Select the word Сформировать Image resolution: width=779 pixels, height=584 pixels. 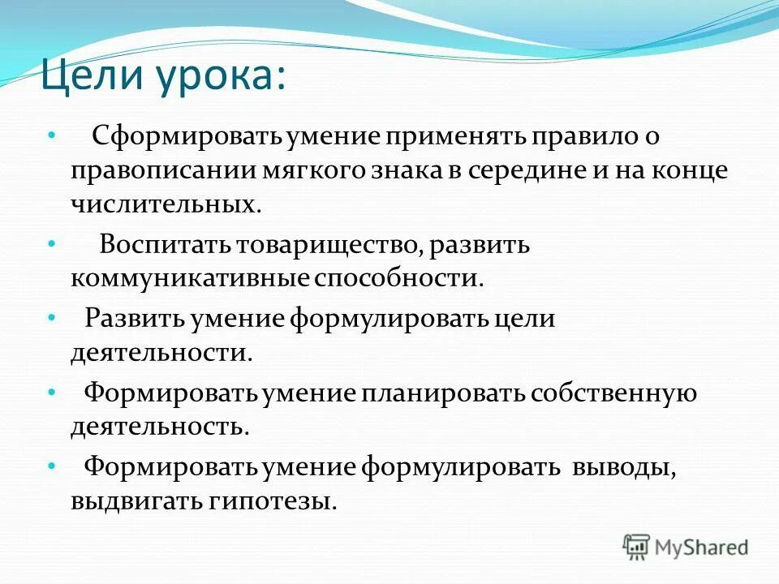point(174,136)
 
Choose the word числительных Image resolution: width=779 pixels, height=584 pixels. point(166,204)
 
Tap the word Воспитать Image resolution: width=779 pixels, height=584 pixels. point(165,244)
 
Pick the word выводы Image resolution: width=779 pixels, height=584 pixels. point(624,467)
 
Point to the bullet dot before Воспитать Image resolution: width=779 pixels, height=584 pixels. point(52,242)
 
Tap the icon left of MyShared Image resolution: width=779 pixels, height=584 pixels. point(636,547)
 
